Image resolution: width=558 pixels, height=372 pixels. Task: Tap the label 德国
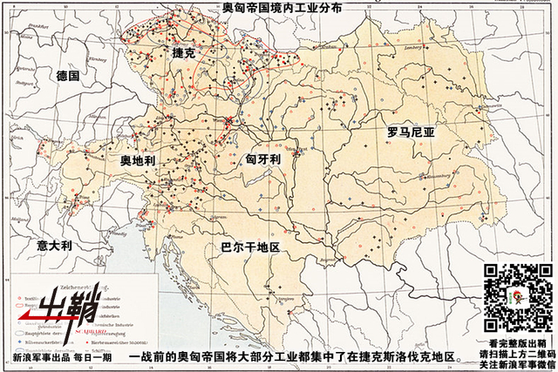(68, 77)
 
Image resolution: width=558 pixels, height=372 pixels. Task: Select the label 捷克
(187, 53)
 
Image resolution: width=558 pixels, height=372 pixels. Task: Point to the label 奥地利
(137, 163)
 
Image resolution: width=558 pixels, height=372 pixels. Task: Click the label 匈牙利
(262, 160)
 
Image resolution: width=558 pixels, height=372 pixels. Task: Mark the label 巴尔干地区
(250, 247)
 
